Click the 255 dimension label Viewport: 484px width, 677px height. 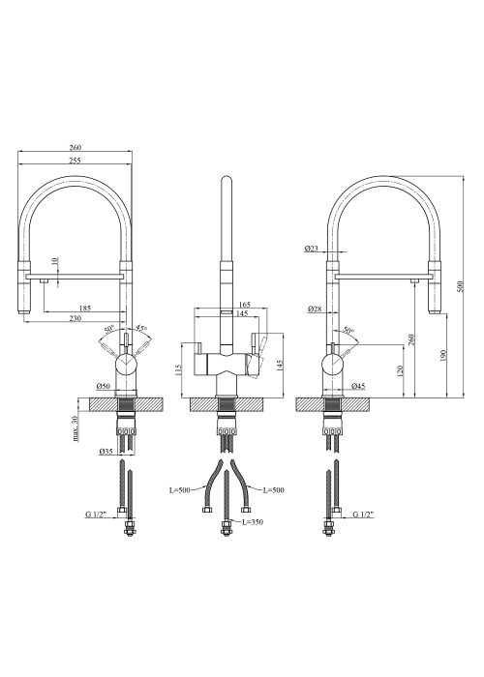(75, 161)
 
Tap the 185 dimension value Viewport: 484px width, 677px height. (85, 309)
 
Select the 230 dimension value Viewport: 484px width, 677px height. (76, 318)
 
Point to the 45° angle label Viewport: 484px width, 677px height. (141, 329)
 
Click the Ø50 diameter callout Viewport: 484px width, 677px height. (105, 386)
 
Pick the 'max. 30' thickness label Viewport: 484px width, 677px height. (76, 428)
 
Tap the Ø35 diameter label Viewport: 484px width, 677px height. (106, 452)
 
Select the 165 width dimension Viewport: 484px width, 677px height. (245, 305)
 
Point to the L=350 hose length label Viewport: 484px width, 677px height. (253, 522)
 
